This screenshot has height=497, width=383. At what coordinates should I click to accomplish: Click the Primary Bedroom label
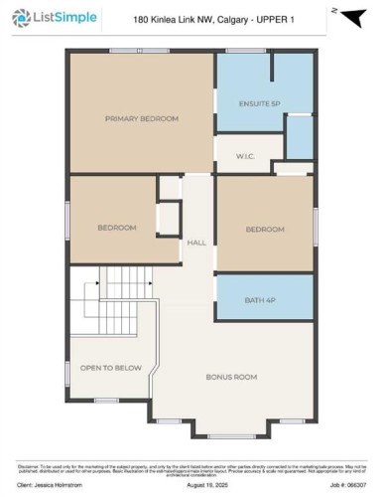[142, 118]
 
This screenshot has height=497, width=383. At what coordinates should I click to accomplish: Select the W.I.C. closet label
[247, 155]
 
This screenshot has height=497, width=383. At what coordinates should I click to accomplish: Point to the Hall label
[195, 242]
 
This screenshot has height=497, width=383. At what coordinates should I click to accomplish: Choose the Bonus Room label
[231, 377]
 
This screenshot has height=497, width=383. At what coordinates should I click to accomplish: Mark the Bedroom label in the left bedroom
[116, 228]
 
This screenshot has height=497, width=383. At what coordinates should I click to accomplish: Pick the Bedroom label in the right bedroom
[265, 230]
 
